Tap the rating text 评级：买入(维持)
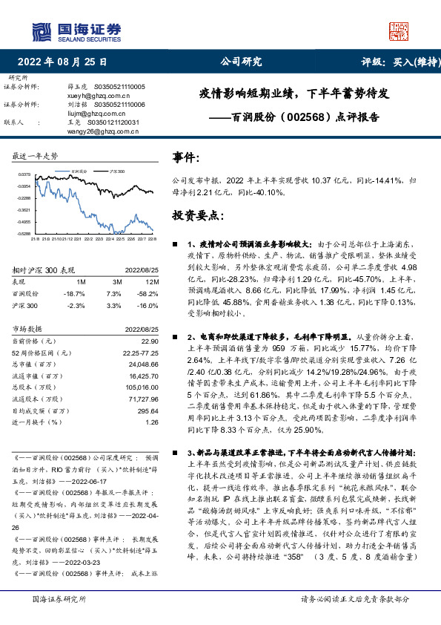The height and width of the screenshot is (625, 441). tap(392, 62)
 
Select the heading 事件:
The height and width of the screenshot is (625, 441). tap(186, 158)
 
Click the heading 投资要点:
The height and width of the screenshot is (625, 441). tap(198, 215)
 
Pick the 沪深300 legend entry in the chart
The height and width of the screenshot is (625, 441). tap(116, 171)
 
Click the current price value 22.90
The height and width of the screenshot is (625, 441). tap(150, 340)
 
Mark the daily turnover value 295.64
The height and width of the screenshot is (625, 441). tap(147, 410)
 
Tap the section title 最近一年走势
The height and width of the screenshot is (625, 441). tap(36, 157)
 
